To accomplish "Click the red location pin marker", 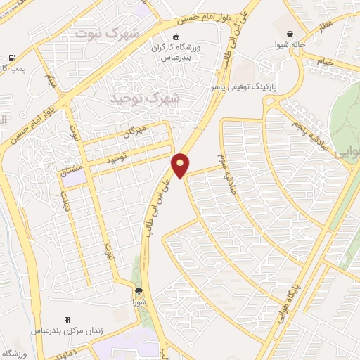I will tap(181, 165).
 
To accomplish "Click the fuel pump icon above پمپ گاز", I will tap(12, 58).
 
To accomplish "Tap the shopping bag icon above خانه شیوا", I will tap(290, 33).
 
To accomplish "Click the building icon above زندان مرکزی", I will tap(67, 319).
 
